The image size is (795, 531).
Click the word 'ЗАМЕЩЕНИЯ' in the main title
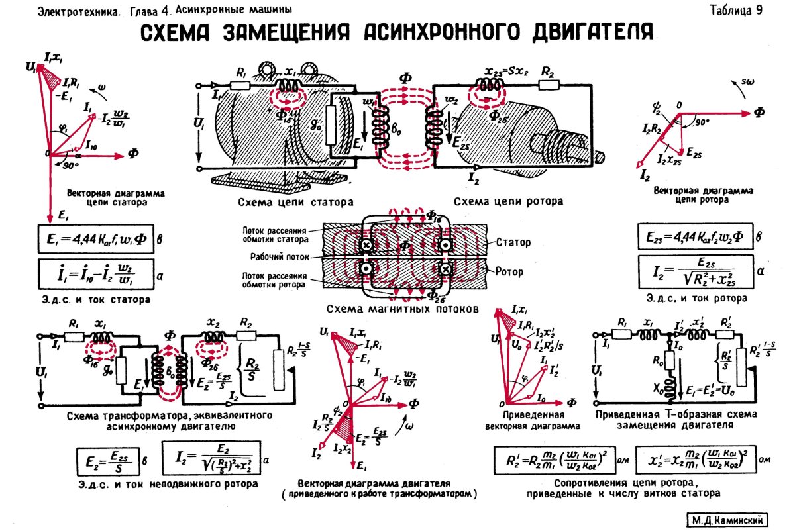pyautogui.click(x=292, y=32)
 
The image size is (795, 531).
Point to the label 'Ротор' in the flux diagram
pyautogui.click(x=509, y=271)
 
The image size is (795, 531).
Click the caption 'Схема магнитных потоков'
pyautogui.click(x=401, y=309)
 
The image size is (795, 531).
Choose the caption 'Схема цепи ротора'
pyautogui.click(x=508, y=201)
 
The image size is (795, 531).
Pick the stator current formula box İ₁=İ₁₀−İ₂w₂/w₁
pyautogui.click(x=94, y=272)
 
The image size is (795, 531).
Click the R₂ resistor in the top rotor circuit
pyautogui.click(x=548, y=85)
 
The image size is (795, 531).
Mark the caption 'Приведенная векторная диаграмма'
pyautogui.click(x=533, y=422)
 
